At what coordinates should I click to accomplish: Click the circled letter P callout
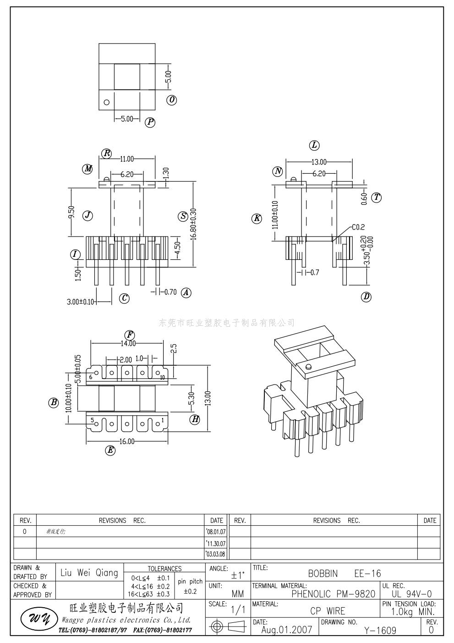coord(150,122)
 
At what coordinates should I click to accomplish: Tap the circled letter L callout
coord(314,145)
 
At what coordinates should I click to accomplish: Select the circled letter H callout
coord(196,419)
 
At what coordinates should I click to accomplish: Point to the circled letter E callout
coord(110,451)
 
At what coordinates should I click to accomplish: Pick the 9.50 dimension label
coord(71,212)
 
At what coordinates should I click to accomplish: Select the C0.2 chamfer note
coord(358,227)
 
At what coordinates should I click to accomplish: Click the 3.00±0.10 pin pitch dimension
coord(81,302)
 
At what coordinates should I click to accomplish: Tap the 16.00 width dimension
coord(127,441)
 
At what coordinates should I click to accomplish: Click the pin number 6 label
coord(91,377)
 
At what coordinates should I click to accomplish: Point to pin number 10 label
coord(162,377)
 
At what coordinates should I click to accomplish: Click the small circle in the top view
coord(107,102)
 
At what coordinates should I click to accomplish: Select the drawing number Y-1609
coord(380,631)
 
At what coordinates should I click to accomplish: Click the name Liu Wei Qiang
coord(89,573)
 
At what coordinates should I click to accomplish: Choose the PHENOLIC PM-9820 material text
coord(333,594)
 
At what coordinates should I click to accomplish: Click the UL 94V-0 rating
coord(411,594)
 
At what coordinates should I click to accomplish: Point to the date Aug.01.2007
coord(286,630)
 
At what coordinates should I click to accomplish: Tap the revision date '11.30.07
coord(216,544)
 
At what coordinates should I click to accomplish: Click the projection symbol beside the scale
coord(227,627)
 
